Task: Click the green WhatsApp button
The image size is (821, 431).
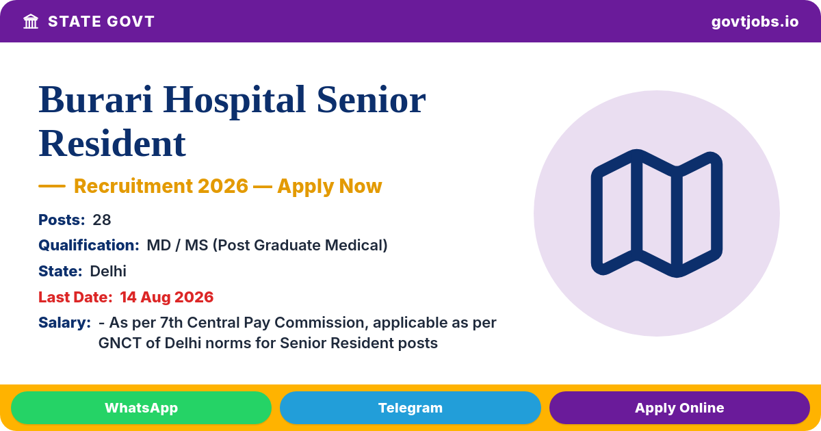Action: pyautogui.click(x=141, y=408)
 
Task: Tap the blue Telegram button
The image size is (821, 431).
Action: pyautogui.click(x=410, y=408)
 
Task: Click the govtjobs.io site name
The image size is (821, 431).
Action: pyautogui.click(x=755, y=22)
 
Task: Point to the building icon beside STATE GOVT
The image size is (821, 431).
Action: pyautogui.click(x=31, y=21)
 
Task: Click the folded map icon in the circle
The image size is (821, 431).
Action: pyautogui.click(x=657, y=213)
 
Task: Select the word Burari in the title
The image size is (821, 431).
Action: pyautogui.click(x=96, y=100)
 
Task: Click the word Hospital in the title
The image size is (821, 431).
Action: pyautogui.click(x=234, y=101)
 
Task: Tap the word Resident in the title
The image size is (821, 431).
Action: pyautogui.click(x=112, y=143)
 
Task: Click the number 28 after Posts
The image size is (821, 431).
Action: pyautogui.click(x=101, y=220)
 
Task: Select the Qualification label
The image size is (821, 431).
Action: pyautogui.click(x=89, y=245)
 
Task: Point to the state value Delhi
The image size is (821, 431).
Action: pyautogui.click(x=108, y=271)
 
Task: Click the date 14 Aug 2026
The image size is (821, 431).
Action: pyautogui.click(x=167, y=297)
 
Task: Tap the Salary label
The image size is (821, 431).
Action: pyautogui.click(x=64, y=323)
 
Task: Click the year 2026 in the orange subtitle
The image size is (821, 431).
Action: pyautogui.click(x=223, y=186)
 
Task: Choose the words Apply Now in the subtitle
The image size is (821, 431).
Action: pyautogui.click(x=330, y=186)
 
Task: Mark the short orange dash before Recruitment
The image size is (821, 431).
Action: pyautogui.click(x=52, y=186)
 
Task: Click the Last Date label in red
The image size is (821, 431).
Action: pyautogui.click(x=75, y=297)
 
